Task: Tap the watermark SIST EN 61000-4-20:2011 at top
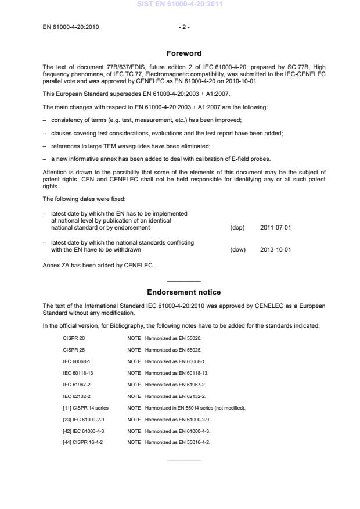(179, 5)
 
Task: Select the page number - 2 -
(184, 27)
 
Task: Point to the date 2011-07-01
(276, 227)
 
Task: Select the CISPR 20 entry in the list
(74, 338)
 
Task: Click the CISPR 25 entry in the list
(74, 349)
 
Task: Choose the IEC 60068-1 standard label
(77, 361)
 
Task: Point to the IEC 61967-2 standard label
(77, 384)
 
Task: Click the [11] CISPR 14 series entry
(85, 407)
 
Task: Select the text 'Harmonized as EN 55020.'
(173, 338)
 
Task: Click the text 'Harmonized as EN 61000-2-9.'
(178, 419)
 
